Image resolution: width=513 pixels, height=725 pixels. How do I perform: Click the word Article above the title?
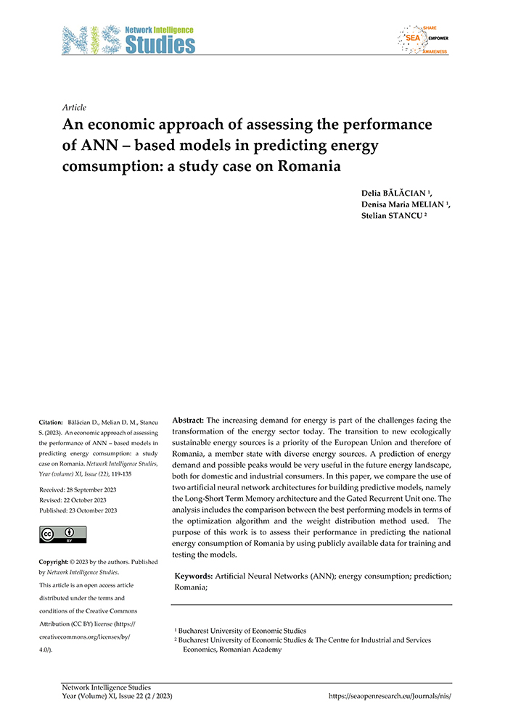click(75, 107)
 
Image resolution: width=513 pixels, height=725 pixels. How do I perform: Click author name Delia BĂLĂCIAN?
click(401, 194)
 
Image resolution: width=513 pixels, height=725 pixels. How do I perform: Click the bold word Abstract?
click(189, 420)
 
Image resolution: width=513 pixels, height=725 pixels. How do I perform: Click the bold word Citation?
click(52, 421)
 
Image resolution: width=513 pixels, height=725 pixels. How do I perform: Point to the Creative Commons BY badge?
click(64, 534)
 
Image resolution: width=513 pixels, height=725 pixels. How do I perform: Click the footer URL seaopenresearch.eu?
click(395, 695)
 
